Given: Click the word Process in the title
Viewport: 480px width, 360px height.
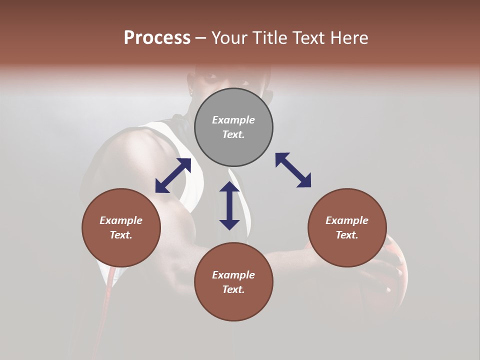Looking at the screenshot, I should click(x=157, y=38).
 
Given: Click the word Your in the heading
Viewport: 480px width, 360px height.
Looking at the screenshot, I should click(x=229, y=38).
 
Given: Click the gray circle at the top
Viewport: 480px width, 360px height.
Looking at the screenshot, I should click(x=233, y=127).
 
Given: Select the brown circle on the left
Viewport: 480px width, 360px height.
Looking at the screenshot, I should click(x=121, y=227).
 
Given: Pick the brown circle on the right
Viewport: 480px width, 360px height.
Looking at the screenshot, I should click(x=347, y=227).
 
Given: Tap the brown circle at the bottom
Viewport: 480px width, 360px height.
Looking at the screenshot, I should click(x=233, y=282).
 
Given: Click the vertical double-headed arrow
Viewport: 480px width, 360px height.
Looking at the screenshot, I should click(x=229, y=205).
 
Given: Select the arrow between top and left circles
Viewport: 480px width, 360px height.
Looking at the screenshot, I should click(x=173, y=175).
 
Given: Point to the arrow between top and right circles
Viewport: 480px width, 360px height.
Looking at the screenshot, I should click(x=293, y=170).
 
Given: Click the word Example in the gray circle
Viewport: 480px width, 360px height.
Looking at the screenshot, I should click(x=233, y=120).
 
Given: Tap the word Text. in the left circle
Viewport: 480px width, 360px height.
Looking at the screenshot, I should click(x=121, y=235).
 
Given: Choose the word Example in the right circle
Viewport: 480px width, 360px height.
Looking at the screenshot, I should click(x=347, y=220).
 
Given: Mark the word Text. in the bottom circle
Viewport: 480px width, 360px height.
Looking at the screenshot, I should click(x=233, y=289).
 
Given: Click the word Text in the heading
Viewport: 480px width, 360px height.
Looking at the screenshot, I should click(x=305, y=38).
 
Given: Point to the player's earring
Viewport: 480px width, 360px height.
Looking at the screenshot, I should click(x=190, y=90).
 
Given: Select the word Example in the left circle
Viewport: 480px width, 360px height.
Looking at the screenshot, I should click(x=121, y=220).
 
